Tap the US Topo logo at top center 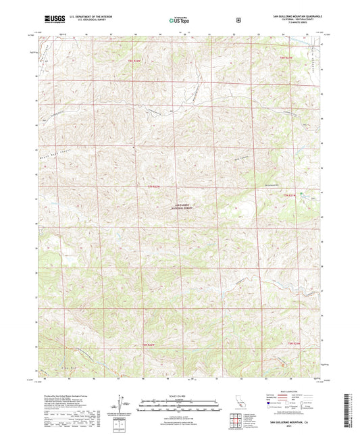point(179,20)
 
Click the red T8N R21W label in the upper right point(287,58)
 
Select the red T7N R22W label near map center point(155,186)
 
